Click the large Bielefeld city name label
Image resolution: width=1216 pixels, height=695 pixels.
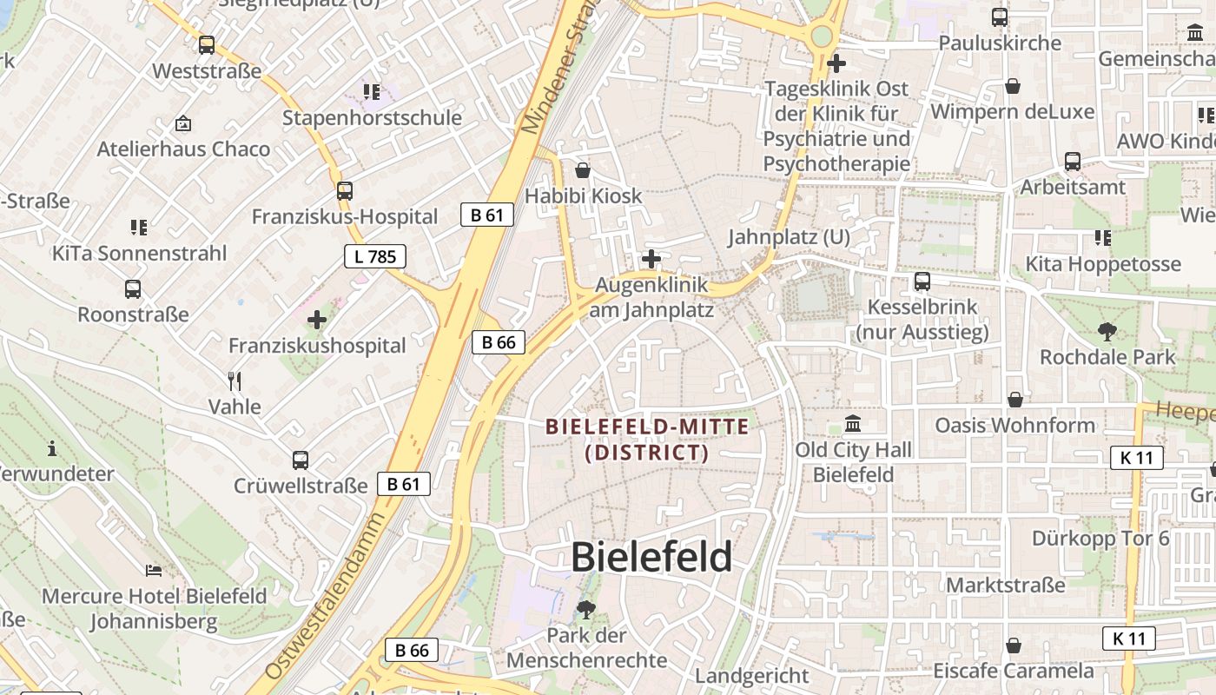(x=651, y=557)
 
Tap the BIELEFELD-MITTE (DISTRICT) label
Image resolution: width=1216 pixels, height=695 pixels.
(x=647, y=440)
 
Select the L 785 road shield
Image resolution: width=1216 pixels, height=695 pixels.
(x=375, y=256)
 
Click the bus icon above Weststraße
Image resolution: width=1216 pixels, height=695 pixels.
(x=207, y=45)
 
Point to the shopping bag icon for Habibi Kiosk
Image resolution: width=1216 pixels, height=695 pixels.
(x=583, y=170)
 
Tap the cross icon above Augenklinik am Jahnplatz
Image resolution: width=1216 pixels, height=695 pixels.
(x=651, y=259)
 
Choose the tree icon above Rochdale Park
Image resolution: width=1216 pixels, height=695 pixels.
(x=1107, y=331)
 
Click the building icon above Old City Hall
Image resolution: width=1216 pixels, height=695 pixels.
(x=854, y=424)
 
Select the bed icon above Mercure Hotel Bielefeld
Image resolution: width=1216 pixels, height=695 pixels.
(x=154, y=571)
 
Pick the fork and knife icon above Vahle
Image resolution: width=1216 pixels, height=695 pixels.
(x=234, y=381)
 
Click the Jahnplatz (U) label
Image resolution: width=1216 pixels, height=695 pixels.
(x=789, y=236)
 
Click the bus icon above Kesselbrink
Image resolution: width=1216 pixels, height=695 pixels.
(x=922, y=281)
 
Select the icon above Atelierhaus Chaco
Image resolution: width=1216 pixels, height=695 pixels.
(x=183, y=123)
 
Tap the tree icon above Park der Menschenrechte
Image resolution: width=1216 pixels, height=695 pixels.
(x=586, y=609)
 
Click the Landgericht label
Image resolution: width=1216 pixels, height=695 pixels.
(x=752, y=675)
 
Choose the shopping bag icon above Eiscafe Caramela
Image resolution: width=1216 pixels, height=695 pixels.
(x=1013, y=645)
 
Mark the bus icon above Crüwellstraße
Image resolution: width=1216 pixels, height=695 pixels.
(x=301, y=460)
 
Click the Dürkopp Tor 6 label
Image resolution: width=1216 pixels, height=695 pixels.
(x=1100, y=539)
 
